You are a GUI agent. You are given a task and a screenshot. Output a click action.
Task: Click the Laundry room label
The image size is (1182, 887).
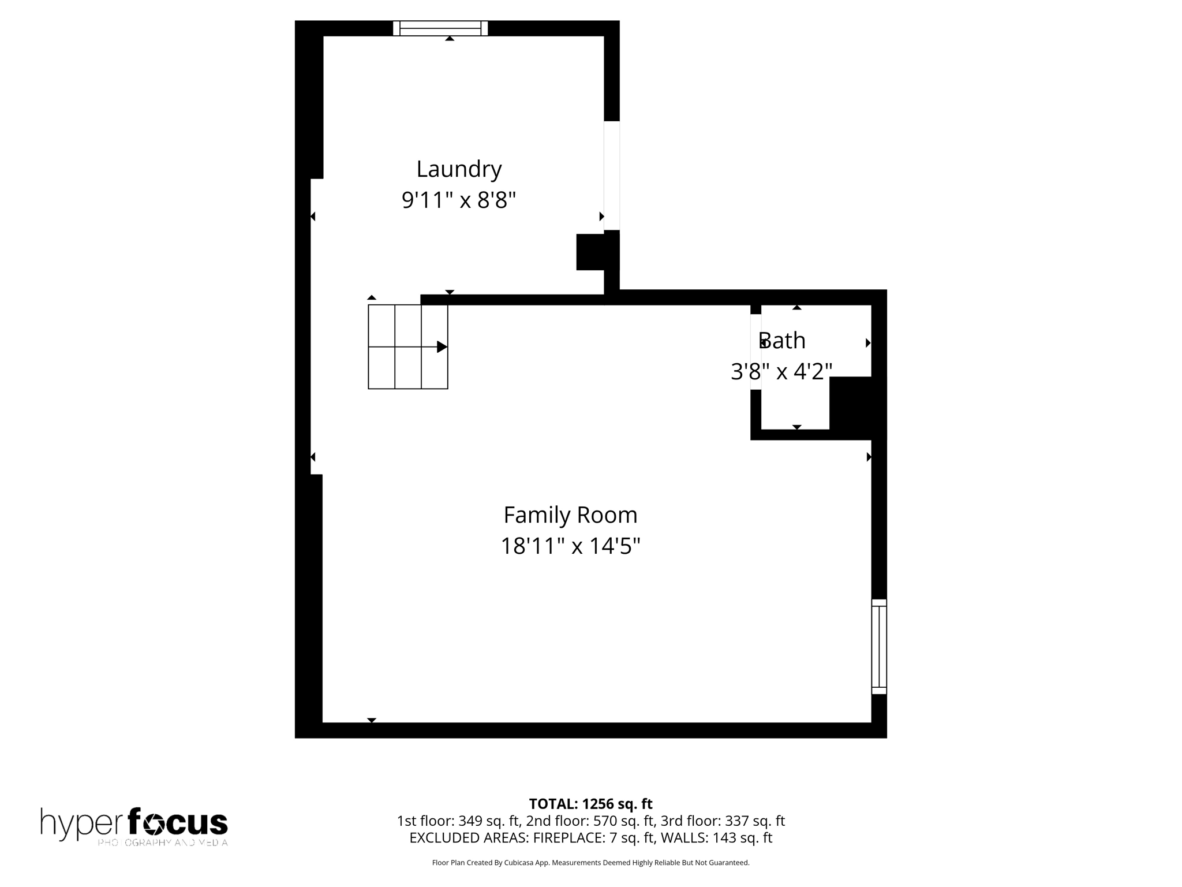pyautogui.click(x=459, y=169)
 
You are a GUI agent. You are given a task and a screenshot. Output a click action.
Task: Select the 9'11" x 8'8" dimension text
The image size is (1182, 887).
pyautogui.click(x=458, y=200)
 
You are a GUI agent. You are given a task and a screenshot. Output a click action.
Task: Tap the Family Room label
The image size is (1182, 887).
pyautogui.click(x=570, y=515)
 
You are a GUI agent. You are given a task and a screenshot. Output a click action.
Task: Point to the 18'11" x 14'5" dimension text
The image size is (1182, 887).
pyautogui.click(x=570, y=546)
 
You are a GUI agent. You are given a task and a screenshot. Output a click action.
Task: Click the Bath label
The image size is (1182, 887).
pyautogui.click(x=782, y=341)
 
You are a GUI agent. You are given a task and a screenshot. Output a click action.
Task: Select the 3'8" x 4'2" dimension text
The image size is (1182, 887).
pyautogui.click(x=781, y=371)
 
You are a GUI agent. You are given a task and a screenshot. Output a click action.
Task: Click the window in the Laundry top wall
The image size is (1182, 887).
pyautogui.click(x=440, y=28)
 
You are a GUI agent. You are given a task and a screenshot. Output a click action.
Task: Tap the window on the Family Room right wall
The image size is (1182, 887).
pyautogui.click(x=878, y=646)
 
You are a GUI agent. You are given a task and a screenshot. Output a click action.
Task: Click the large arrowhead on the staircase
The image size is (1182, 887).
pyautogui.click(x=442, y=347)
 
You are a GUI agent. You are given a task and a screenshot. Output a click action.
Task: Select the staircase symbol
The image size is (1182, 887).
pyautogui.click(x=407, y=346)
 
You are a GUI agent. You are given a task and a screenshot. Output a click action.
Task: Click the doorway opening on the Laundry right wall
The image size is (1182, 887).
pyautogui.click(x=612, y=176)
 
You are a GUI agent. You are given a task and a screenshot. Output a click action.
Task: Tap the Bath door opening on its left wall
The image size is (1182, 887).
pyautogui.click(x=755, y=352)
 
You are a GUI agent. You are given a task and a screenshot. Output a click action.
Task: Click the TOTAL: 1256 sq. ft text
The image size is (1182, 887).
pyautogui.click(x=590, y=804)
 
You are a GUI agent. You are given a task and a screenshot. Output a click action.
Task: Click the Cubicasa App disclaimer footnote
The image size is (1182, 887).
pyautogui.click(x=590, y=863)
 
